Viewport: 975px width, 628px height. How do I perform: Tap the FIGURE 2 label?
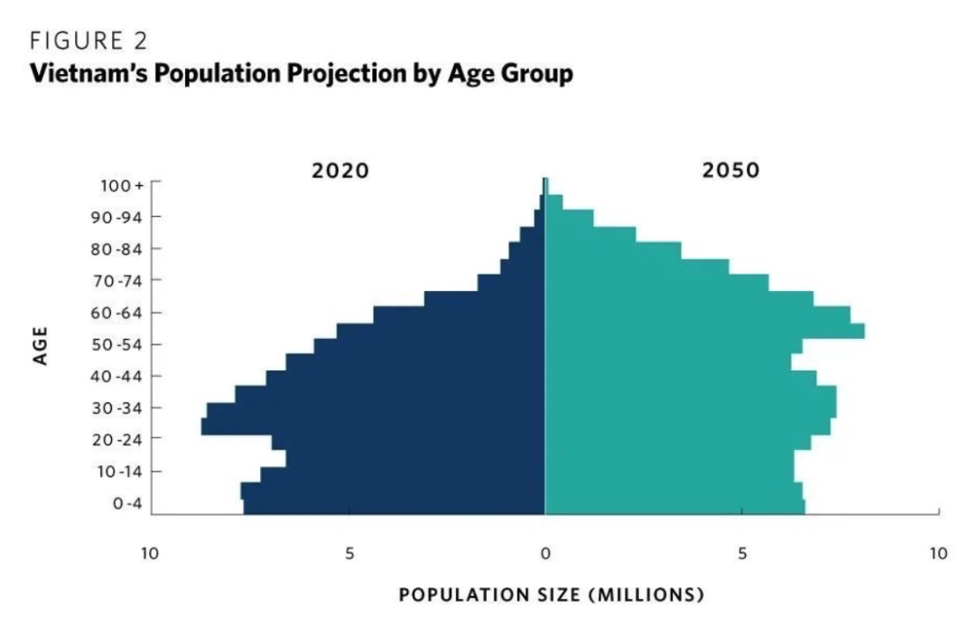[88, 41]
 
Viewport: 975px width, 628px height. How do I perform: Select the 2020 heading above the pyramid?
[340, 170]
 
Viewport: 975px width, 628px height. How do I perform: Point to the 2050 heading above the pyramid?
[730, 170]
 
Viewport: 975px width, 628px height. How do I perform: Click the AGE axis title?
[40, 344]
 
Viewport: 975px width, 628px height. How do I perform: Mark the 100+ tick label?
[123, 185]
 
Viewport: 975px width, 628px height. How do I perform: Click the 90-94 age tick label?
[122, 217]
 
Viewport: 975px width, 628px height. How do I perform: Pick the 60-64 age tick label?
[122, 313]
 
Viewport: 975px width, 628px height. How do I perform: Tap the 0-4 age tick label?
[127, 503]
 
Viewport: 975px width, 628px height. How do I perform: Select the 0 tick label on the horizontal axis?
[545, 553]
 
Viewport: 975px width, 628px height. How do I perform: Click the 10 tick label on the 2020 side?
[150, 553]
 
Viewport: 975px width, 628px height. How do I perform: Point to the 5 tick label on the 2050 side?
[741, 553]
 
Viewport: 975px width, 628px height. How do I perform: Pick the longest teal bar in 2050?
[704, 331]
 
